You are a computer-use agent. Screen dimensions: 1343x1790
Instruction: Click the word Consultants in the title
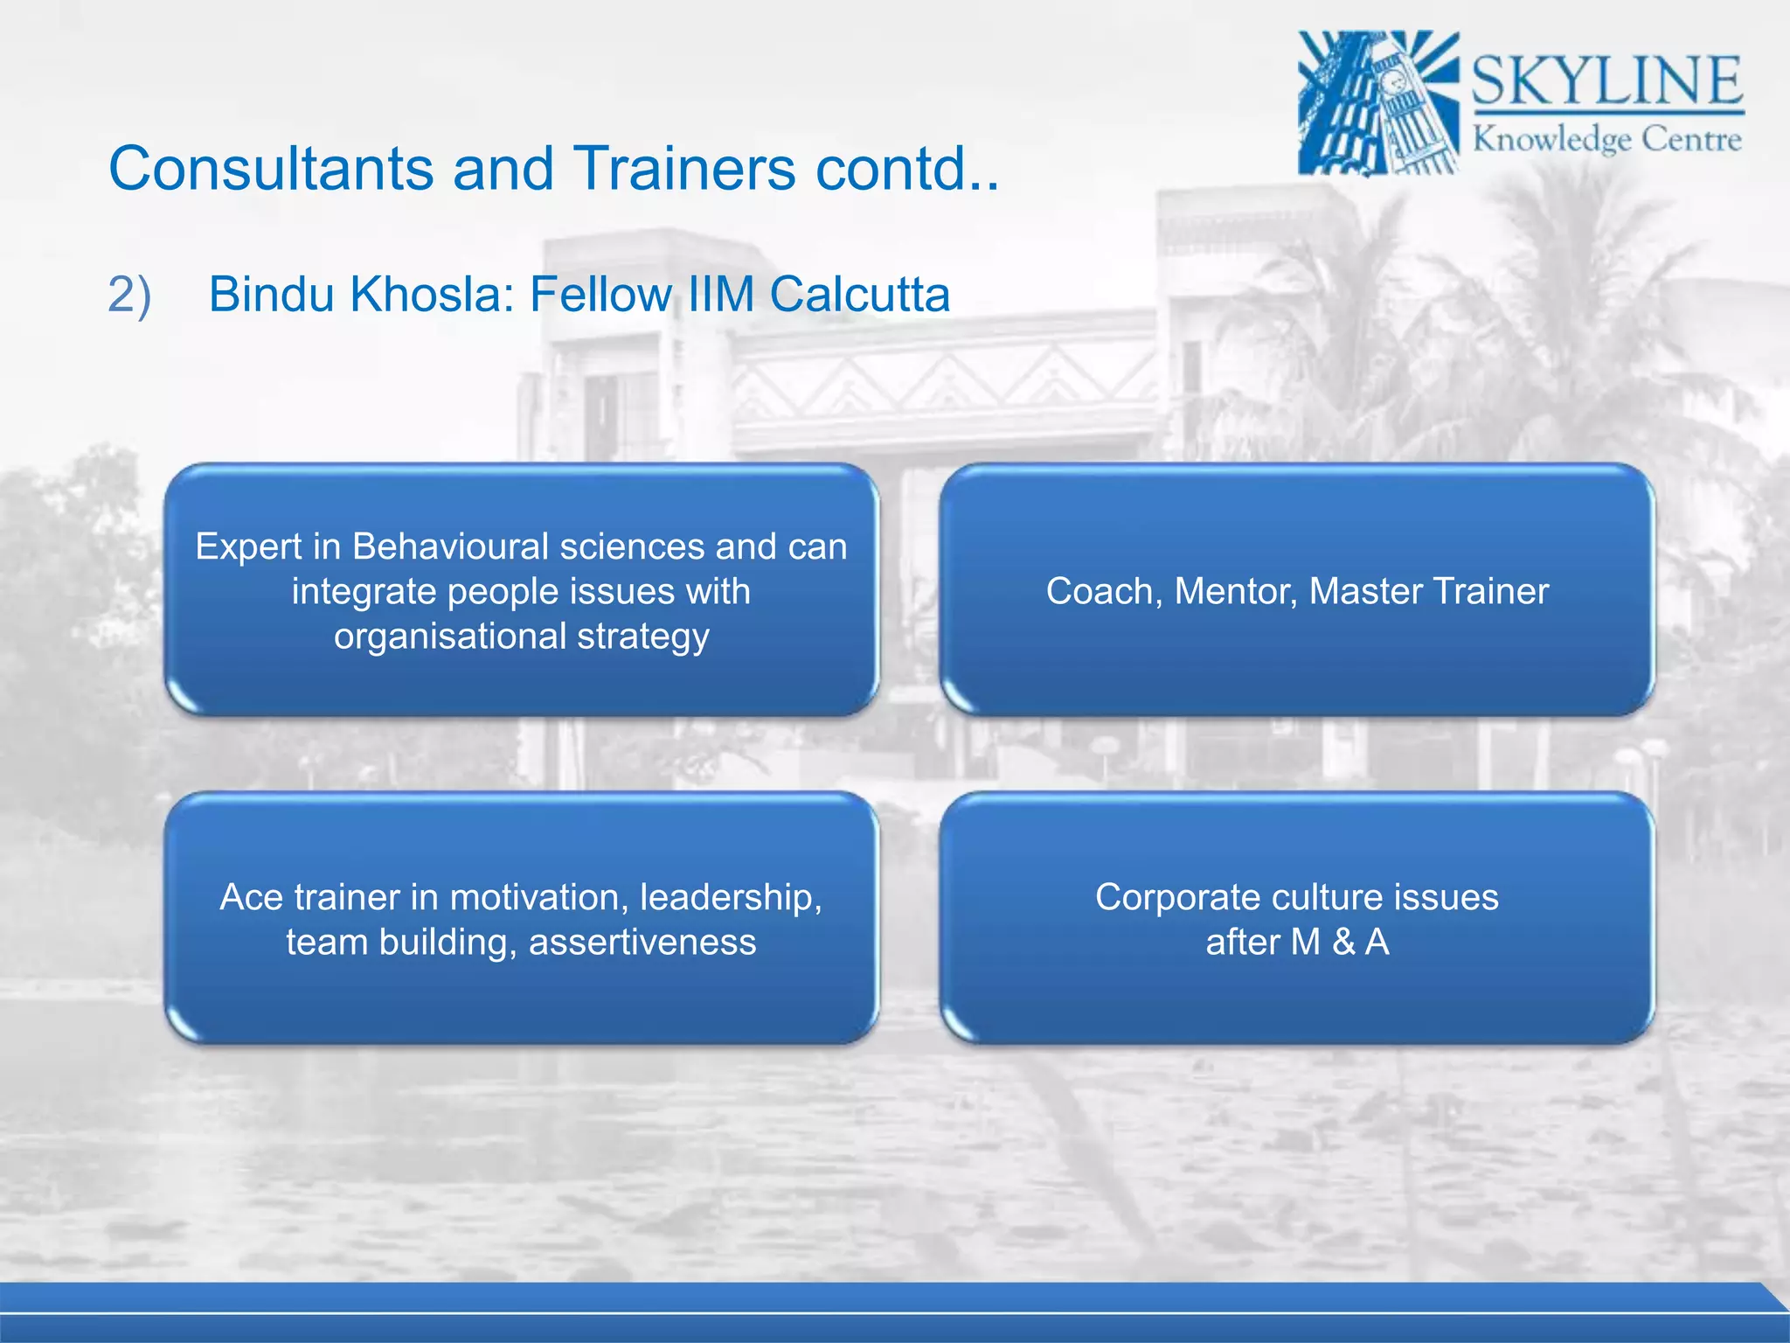271,168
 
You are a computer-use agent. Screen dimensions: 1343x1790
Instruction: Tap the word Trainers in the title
683,168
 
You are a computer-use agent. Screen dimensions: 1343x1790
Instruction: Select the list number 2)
129,295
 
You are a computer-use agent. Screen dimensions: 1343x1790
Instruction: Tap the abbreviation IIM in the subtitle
720,295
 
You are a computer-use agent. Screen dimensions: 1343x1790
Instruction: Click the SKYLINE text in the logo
1606,80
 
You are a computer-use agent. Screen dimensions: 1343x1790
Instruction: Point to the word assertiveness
642,943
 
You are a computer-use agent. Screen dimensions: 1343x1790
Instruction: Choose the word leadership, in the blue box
731,898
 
